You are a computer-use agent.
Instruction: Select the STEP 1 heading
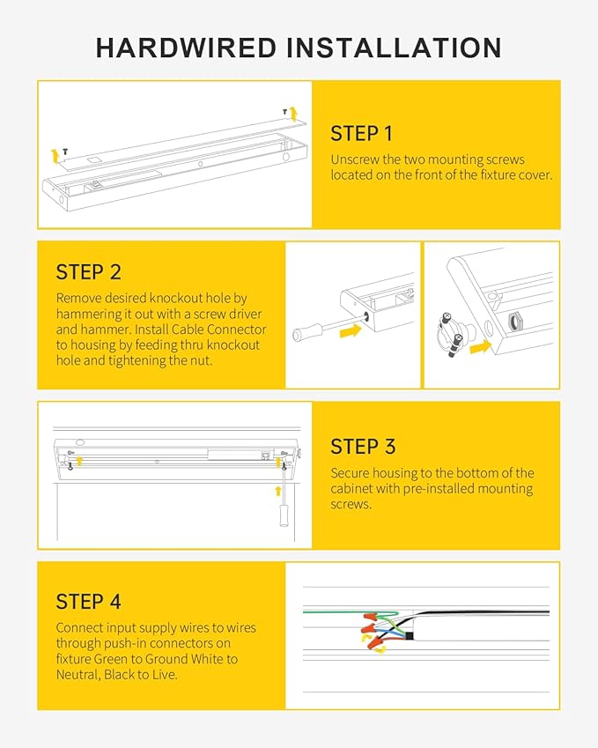pos(361,134)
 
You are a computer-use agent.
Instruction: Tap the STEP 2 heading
pos(88,271)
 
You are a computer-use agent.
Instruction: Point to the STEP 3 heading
pos(362,446)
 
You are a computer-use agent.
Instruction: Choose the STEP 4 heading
pos(88,602)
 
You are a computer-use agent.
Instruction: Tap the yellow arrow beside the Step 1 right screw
pos(294,112)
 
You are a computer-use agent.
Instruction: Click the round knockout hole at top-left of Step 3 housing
pos(80,443)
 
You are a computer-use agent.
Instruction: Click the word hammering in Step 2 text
pos(87,314)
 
